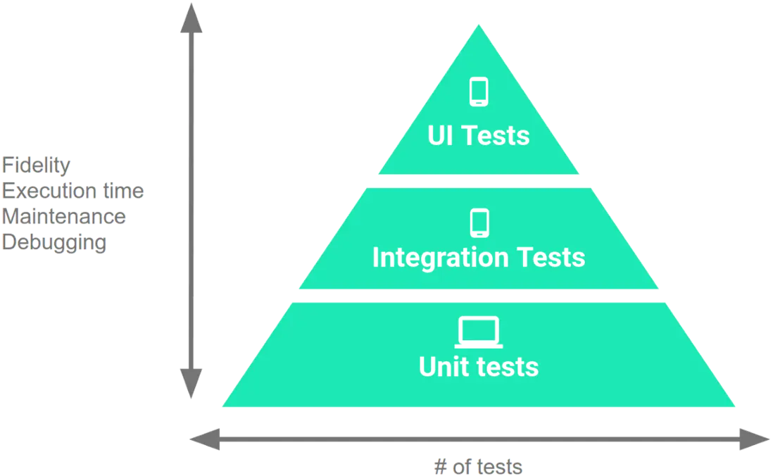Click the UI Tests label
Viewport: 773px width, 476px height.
point(479,134)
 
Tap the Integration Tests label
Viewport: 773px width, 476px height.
point(479,258)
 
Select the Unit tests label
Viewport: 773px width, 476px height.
point(479,367)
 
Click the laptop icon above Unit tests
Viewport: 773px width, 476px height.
point(479,332)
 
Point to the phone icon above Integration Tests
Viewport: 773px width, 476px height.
point(479,221)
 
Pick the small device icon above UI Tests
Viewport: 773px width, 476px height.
point(479,92)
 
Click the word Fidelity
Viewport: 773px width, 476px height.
point(37,165)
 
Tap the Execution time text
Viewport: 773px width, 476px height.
point(73,191)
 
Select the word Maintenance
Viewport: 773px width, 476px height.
point(63,216)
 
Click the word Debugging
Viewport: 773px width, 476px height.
point(54,242)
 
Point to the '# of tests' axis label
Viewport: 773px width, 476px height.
point(479,467)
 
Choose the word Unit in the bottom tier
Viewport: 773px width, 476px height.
point(441,367)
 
